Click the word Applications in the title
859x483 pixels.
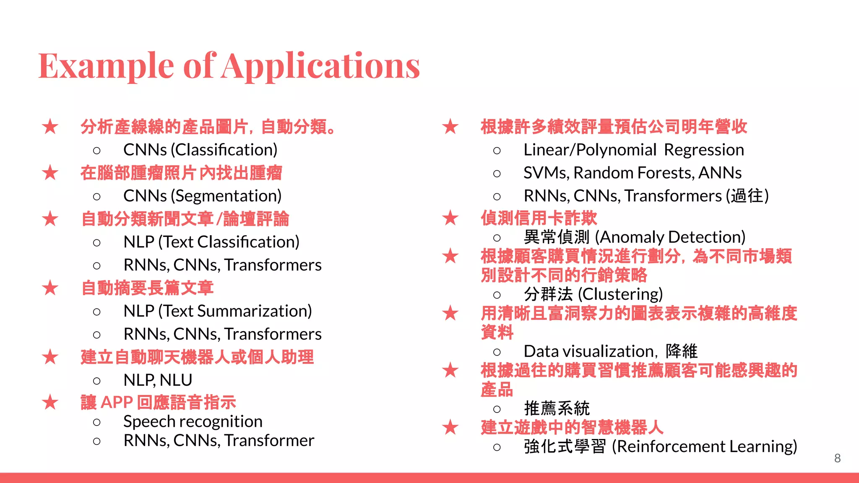coord(321,66)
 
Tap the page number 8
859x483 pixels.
coord(837,458)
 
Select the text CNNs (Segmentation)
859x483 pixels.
coord(202,196)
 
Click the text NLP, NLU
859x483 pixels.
coord(158,380)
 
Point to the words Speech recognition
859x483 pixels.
coord(193,421)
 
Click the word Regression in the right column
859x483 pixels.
coord(704,150)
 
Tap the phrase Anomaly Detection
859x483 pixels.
coord(672,237)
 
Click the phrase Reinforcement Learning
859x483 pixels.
coord(704,447)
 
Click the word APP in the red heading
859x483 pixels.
coord(117,402)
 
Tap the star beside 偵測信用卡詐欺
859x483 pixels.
coord(450,218)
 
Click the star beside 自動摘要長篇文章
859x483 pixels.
coord(50,288)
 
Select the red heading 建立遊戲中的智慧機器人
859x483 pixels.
coord(572,428)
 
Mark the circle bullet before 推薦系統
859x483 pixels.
coord(497,409)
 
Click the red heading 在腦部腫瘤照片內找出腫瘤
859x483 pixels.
coord(181,173)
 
